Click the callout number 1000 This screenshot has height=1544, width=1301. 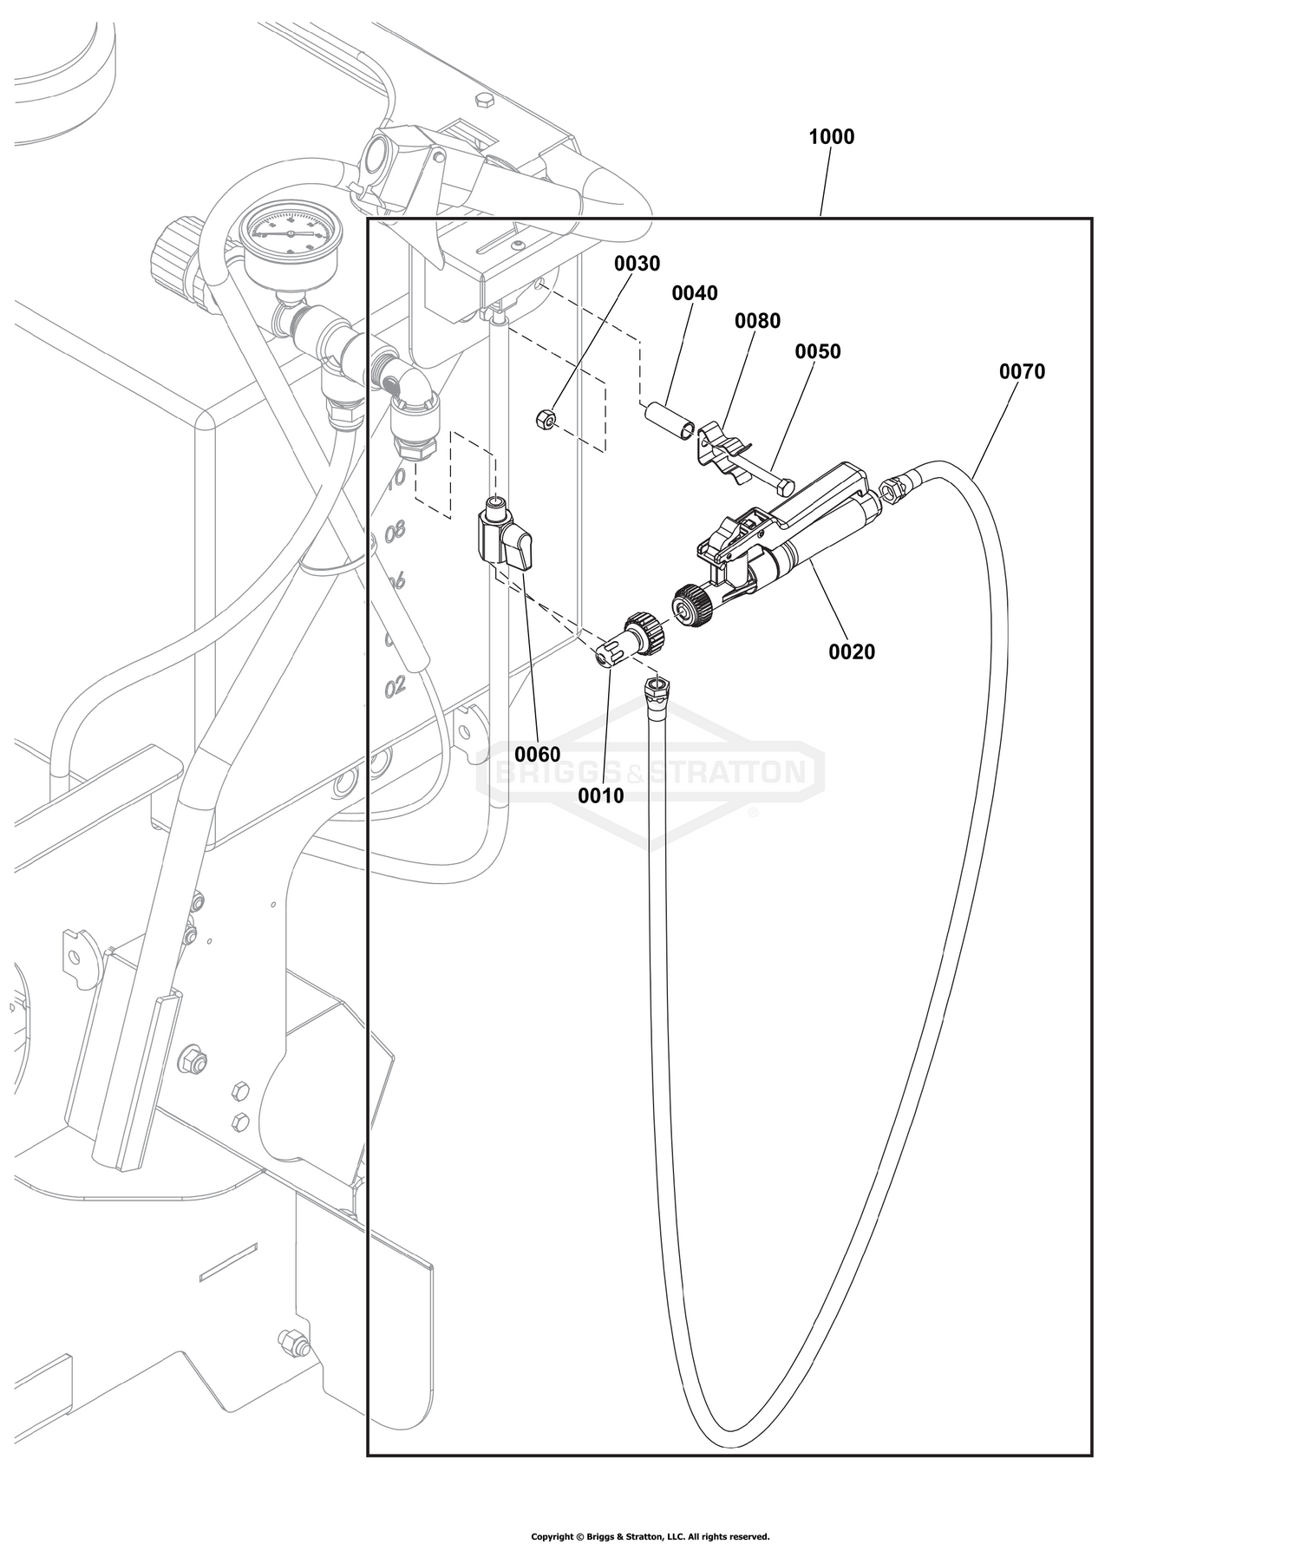tap(831, 137)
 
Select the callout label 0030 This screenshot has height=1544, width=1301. tap(637, 264)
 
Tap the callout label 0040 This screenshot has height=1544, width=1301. tap(695, 293)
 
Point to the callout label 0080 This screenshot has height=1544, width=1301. tap(757, 321)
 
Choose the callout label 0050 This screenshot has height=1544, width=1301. tap(818, 351)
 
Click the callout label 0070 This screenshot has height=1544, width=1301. tap(1022, 371)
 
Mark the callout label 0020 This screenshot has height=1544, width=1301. tap(852, 651)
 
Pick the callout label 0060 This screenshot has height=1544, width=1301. tap(538, 755)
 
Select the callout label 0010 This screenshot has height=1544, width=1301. tap(601, 795)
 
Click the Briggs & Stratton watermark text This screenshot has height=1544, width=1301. tap(650, 771)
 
